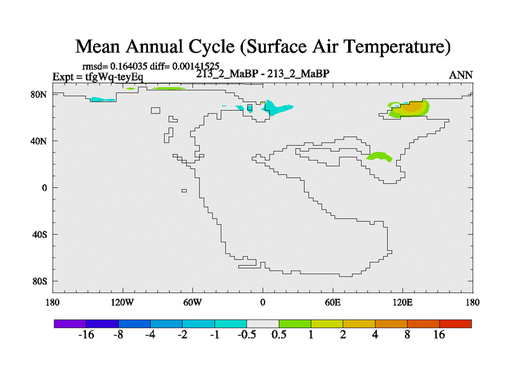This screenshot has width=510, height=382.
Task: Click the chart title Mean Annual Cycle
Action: (x=263, y=46)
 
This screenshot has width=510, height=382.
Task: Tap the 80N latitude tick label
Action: (x=39, y=94)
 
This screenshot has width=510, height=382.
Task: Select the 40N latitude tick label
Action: (x=39, y=141)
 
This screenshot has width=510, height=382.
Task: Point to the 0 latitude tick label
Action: (x=45, y=188)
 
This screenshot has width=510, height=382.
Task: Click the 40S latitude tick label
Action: (x=39, y=234)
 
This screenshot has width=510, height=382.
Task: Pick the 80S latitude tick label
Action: (x=39, y=281)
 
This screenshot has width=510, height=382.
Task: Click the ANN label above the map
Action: (x=461, y=75)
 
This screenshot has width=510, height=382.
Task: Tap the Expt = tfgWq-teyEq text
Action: (x=98, y=77)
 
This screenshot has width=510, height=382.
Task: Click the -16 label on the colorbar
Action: (x=86, y=336)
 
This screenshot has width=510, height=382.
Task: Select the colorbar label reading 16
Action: (x=439, y=336)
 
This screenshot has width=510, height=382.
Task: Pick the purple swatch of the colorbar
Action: (x=70, y=323)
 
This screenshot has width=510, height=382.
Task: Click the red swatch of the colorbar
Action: (x=455, y=323)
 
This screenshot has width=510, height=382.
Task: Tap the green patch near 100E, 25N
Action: (x=379, y=156)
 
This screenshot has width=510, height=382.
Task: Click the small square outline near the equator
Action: (x=184, y=190)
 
